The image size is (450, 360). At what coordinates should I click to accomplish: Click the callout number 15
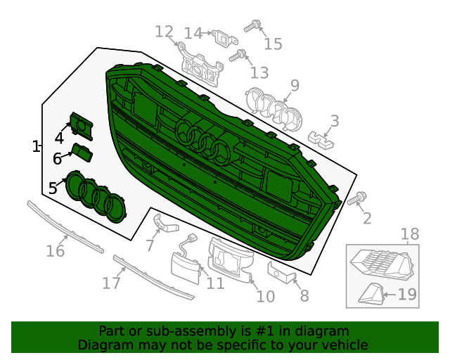[273, 44]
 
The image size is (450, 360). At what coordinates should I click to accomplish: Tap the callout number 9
[295, 86]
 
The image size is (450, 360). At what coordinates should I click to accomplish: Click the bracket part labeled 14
[222, 38]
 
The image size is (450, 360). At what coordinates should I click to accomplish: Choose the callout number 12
[163, 32]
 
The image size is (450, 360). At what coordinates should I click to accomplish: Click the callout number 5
[53, 188]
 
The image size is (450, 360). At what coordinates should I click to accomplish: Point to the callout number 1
[36, 146]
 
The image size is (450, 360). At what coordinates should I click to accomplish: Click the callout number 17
[111, 283]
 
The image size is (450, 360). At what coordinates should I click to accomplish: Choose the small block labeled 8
[280, 269]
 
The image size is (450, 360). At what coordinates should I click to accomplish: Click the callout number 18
[409, 234]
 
